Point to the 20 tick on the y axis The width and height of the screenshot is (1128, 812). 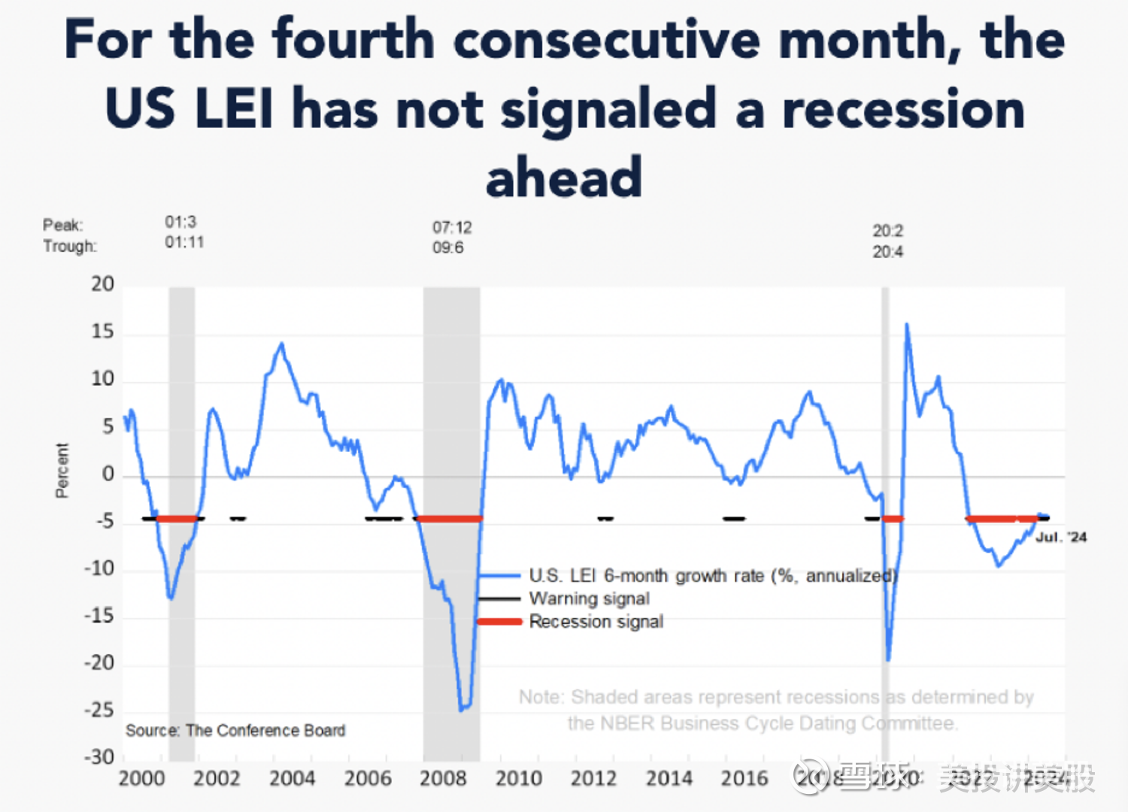[103, 284]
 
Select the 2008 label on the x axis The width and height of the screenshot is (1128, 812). [443, 778]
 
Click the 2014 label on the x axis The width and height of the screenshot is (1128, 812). [669, 778]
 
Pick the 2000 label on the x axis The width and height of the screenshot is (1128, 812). [141, 778]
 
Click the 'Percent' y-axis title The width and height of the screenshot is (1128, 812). [62, 470]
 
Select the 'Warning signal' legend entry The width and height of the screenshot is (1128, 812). [589, 598]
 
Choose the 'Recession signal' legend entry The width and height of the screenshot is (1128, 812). [596, 622]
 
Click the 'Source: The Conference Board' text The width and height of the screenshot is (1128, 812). [235, 730]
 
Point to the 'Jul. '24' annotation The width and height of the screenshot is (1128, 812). [1061, 537]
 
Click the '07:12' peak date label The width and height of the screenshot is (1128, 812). [452, 227]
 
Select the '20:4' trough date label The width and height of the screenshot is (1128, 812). [887, 252]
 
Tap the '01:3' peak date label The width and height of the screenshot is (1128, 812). [180, 222]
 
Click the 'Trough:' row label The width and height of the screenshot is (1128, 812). [70, 246]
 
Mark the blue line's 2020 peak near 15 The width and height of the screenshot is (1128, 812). [907, 325]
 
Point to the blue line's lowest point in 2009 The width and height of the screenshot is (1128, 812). [462, 709]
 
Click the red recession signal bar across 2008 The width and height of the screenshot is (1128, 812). [449, 519]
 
